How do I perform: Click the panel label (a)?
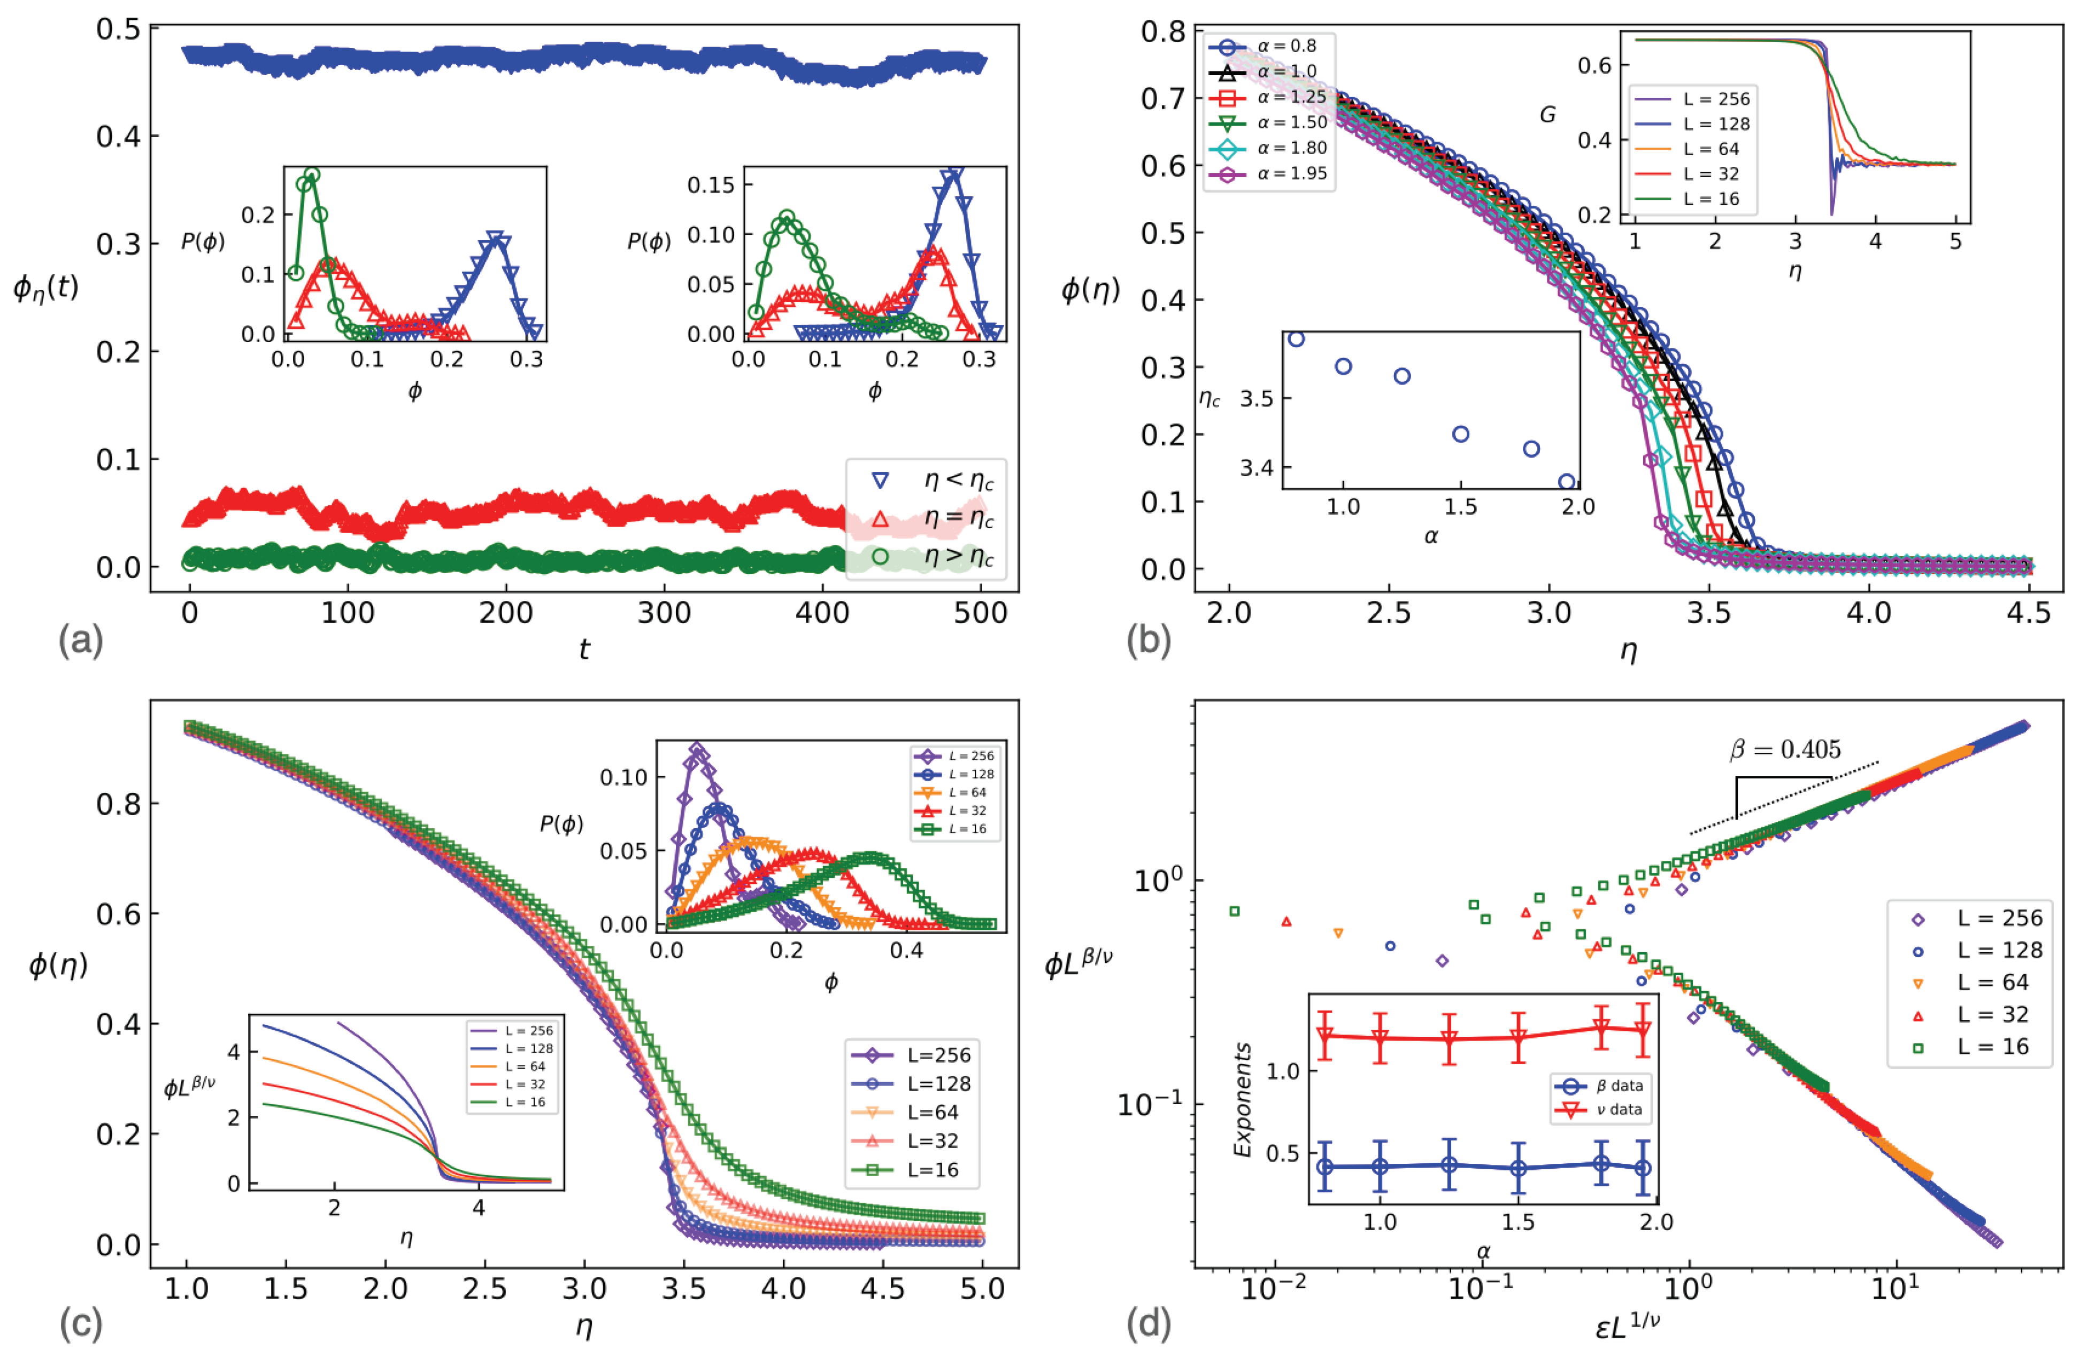click(81, 641)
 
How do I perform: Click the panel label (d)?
click(1149, 1324)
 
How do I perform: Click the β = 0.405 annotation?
click(1785, 750)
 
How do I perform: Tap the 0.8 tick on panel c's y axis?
click(118, 804)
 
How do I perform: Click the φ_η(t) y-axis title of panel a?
click(45, 287)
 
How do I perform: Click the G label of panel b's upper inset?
click(1547, 115)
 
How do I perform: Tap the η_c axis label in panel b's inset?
click(1209, 400)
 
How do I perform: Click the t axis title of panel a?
click(584, 649)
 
